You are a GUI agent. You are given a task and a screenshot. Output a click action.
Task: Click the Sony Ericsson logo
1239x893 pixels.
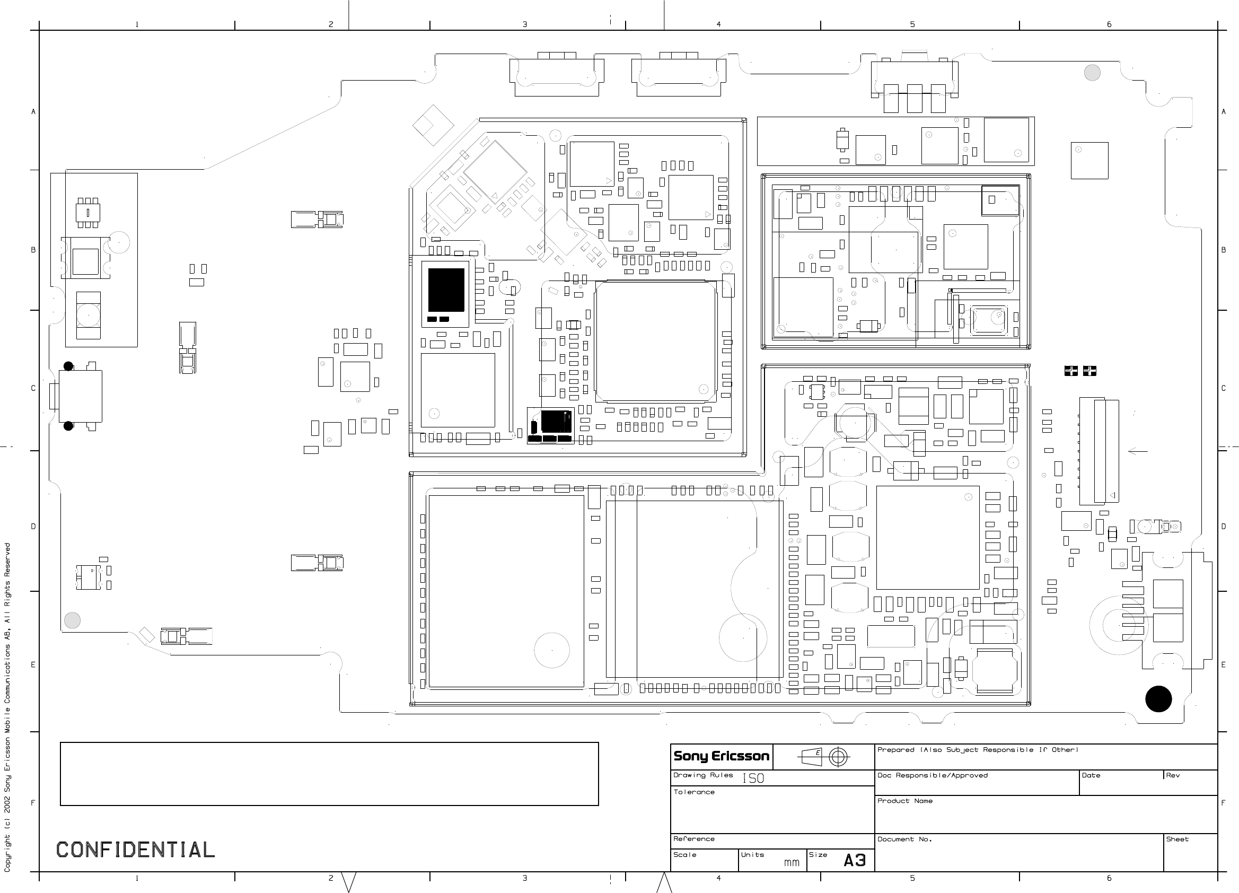pyautogui.click(x=721, y=756)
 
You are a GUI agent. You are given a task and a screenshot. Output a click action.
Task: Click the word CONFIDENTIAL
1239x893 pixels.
pyautogui.click(x=136, y=850)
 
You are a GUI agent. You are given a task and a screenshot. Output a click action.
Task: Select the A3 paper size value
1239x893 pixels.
pyautogui.click(x=855, y=861)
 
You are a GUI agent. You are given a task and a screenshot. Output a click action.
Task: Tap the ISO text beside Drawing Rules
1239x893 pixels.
pyautogui.click(x=753, y=778)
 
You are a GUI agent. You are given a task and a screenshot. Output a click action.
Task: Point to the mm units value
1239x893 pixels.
pyautogui.click(x=792, y=863)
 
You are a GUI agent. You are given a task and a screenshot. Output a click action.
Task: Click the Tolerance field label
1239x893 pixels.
pyautogui.click(x=694, y=792)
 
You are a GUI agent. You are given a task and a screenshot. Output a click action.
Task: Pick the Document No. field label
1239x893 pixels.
pyautogui.click(x=904, y=839)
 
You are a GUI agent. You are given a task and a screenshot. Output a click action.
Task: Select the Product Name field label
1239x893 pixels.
pyautogui.click(x=904, y=801)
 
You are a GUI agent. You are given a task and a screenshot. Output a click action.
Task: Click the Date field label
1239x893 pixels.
pyautogui.click(x=1091, y=775)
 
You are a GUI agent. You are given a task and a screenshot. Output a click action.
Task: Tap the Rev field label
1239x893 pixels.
pyautogui.click(x=1173, y=775)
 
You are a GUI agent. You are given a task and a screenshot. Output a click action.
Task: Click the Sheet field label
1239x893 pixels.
pyautogui.click(x=1178, y=839)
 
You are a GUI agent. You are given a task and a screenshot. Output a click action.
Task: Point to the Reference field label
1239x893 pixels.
pyautogui.click(x=694, y=839)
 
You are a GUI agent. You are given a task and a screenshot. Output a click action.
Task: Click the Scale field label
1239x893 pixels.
pyautogui.click(x=684, y=855)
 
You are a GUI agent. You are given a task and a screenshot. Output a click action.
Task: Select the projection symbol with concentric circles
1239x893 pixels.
pyautogui.click(x=839, y=757)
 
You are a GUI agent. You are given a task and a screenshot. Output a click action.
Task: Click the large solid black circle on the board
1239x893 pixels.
pyautogui.click(x=1158, y=699)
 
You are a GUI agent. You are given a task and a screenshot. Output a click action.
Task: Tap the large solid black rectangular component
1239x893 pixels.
pyautogui.click(x=446, y=290)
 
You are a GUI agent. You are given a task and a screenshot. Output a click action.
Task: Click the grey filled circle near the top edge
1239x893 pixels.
pyautogui.click(x=1092, y=73)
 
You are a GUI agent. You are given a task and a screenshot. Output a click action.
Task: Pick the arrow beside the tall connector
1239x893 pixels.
pyautogui.click(x=1137, y=451)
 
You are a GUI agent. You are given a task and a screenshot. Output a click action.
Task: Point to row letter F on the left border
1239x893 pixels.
pyautogui.click(x=33, y=803)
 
